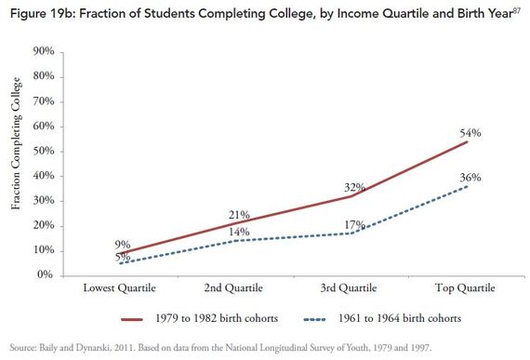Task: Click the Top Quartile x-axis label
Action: click(x=466, y=289)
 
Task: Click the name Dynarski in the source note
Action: click(x=100, y=349)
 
